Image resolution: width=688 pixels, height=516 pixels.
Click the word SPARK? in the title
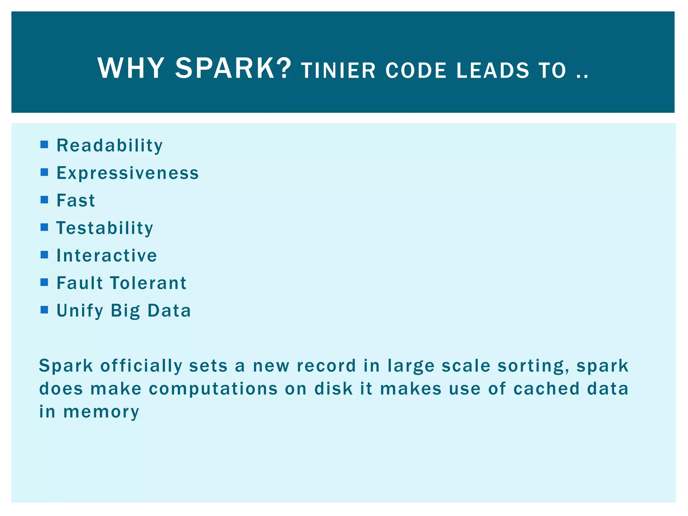(233, 69)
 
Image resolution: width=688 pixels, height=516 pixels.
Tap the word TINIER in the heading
(338, 71)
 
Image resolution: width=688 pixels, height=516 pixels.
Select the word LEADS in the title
(492, 71)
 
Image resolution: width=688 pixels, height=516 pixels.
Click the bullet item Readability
(110, 146)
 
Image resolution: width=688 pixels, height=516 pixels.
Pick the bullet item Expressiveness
(128, 173)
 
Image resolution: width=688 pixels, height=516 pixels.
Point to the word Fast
(76, 201)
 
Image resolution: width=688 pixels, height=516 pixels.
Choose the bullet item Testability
(105, 228)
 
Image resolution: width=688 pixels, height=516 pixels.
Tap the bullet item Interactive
(107, 256)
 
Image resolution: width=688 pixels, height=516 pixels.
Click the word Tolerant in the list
(148, 283)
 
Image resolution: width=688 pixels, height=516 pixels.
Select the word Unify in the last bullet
(80, 311)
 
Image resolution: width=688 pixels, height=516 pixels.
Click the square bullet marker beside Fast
(44, 200)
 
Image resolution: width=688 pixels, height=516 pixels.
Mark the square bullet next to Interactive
(44, 255)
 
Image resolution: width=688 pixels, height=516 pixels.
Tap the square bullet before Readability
(44, 145)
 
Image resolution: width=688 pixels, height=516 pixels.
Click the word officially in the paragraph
(141, 366)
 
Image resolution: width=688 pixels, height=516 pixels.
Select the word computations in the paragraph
(213, 389)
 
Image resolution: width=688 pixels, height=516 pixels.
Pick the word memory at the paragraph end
(101, 412)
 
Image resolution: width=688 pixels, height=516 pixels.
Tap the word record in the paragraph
(326, 366)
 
